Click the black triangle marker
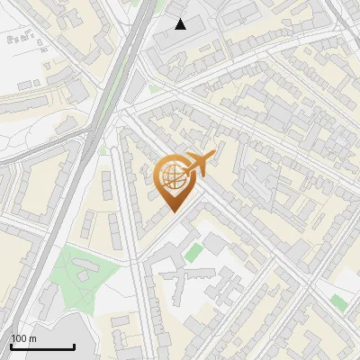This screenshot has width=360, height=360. point(181,24)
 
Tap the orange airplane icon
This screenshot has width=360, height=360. point(195,164)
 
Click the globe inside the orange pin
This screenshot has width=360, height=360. point(171,177)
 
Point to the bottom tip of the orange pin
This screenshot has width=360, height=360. point(171,212)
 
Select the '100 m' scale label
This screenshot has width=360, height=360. point(23,338)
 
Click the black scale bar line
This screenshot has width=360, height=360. point(42,346)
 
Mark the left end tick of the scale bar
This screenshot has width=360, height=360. point(11,345)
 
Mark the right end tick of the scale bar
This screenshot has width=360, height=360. point(74,345)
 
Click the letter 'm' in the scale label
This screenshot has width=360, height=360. point(32,338)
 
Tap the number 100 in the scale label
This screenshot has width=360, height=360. point(19,338)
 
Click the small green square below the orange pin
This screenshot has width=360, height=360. point(192,253)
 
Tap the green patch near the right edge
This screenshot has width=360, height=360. point(338,302)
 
